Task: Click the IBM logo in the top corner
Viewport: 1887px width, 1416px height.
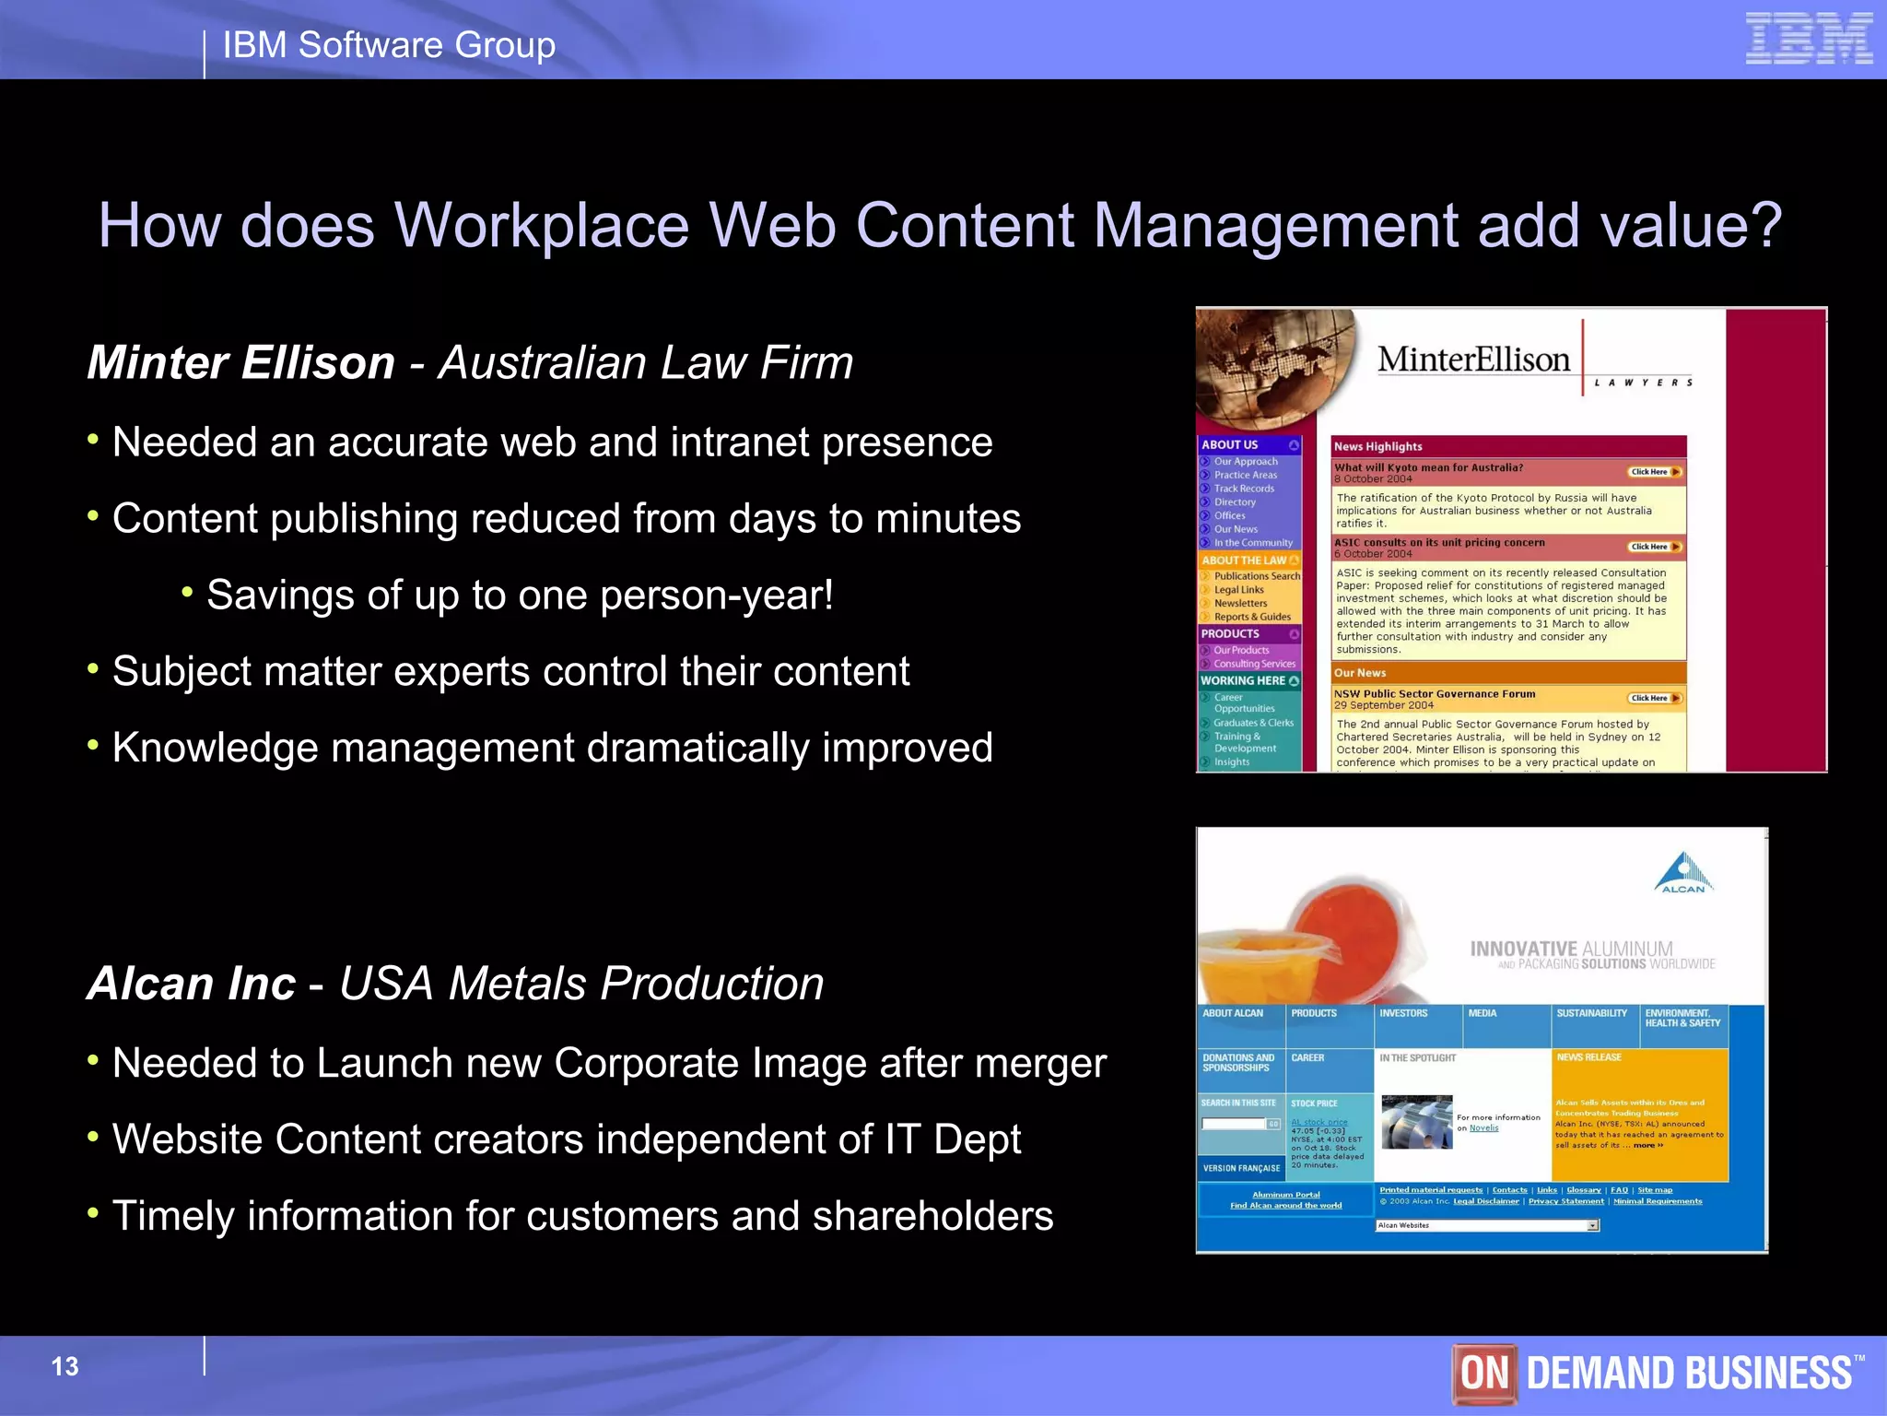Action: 1809,39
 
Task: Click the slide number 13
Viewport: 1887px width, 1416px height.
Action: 64,1366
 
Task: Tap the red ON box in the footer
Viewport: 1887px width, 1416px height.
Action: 1483,1373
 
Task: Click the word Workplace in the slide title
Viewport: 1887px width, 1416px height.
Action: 542,225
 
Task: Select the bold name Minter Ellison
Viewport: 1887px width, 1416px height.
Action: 241,362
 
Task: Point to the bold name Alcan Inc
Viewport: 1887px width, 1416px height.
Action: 192,984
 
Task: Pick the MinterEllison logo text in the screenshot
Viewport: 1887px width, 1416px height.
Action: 1473,360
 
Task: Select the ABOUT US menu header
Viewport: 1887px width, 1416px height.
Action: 1230,445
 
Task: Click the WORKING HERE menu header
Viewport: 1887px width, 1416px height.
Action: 1243,681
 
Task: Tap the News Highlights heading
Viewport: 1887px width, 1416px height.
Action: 1378,447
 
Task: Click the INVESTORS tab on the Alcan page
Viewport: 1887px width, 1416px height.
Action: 1403,1014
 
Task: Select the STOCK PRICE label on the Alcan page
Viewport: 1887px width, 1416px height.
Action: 1314,1103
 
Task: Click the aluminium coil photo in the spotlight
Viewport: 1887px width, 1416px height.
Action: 1416,1121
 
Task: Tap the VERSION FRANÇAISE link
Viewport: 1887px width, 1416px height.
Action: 1241,1169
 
